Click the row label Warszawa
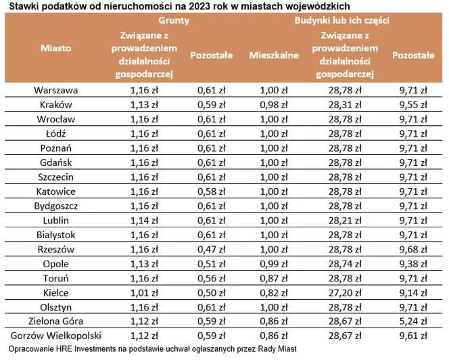[55, 90]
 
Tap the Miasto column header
[55, 48]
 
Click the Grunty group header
[178, 21]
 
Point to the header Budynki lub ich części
[341, 21]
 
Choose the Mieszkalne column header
[274, 55]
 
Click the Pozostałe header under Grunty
[210, 55]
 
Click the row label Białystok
[55, 235]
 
